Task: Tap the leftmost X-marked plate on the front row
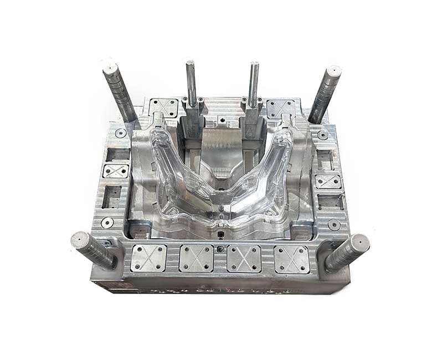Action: [x=148, y=258]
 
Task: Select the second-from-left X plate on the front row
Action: [x=196, y=258]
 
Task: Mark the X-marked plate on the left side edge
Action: [x=116, y=171]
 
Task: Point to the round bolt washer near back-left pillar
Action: [x=120, y=133]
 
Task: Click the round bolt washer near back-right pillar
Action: [x=323, y=135]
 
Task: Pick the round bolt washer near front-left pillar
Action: [x=107, y=222]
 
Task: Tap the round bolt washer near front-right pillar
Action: [x=334, y=224]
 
